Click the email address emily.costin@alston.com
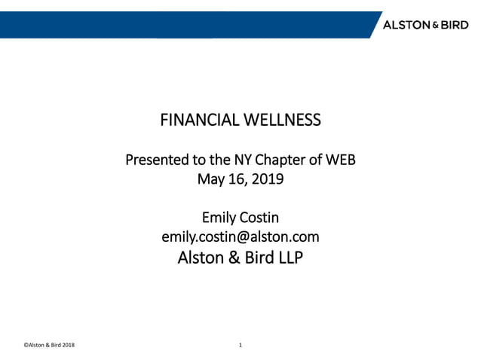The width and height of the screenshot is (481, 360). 240,237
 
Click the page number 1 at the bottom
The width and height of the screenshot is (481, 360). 240,345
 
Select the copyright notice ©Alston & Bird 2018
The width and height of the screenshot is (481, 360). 48,345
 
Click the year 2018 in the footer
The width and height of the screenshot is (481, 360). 67,345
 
